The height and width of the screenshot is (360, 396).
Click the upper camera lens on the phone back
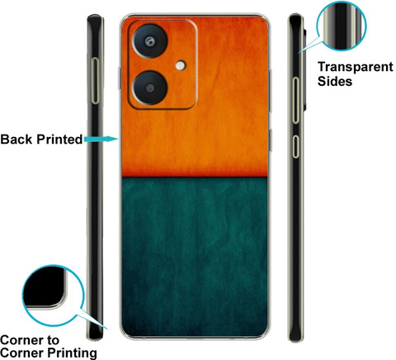click(150, 41)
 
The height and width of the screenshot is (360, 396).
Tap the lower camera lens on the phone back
click(150, 88)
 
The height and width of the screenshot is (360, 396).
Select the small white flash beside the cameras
click(181, 65)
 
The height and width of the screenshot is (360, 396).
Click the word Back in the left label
click(16, 140)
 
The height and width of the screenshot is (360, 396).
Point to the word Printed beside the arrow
click(59, 140)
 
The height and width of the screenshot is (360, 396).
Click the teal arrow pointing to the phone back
click(101, 139)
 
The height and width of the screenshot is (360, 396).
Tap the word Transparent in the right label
click(356, 67)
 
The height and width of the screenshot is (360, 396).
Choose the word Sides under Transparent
click(335, 82)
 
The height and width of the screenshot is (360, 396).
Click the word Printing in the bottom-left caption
click(73, 353)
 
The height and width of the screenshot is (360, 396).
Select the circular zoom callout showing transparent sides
click(341, 26)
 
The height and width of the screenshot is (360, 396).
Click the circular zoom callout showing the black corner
click(53, 296)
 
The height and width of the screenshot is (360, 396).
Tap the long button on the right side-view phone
click(295, 101)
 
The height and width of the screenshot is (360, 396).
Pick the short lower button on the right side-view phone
click(295, 147)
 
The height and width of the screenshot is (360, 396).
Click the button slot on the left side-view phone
click(95, 81)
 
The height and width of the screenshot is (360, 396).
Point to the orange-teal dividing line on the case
click(195, 177)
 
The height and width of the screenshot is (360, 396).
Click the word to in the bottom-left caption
click(53, 341)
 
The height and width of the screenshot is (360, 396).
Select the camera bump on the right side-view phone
click(305, 69)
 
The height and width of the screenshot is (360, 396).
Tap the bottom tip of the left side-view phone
click(95, 339)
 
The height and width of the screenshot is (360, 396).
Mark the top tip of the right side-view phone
click(295, 15)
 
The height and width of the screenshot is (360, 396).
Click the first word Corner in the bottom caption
click(22, 340)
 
